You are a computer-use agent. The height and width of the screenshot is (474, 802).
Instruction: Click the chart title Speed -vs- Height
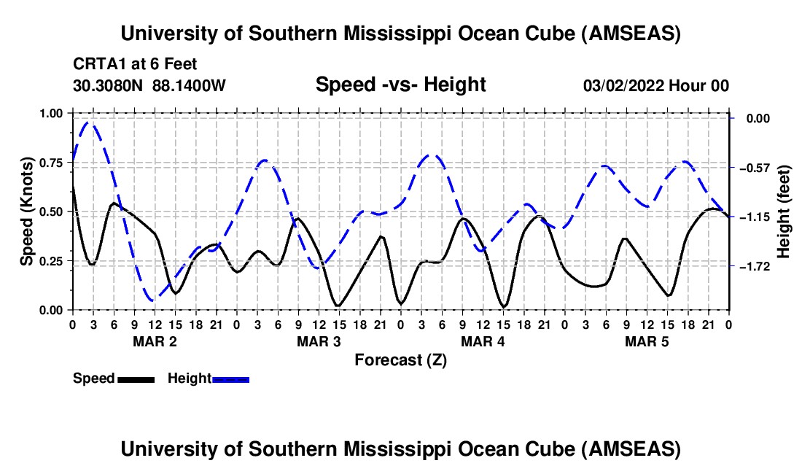click(x=400, y=85)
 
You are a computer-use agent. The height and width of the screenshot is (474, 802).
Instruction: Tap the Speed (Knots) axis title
click(x=27, y=211)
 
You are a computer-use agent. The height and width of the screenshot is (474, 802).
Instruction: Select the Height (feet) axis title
click(x=784, y=211)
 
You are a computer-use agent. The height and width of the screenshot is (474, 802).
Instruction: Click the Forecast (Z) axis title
click(x=400, y=360)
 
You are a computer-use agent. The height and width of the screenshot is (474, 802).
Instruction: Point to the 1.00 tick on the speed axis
click(x=51, y=113)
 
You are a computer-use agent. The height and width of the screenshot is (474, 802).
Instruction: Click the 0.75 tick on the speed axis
click(x=51, y=163)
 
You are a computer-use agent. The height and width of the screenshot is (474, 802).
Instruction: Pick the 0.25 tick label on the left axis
click(x=51, y=261)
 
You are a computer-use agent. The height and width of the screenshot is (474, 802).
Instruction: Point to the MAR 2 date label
click(x=154, y=341)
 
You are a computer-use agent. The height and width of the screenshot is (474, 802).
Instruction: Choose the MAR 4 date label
click(x=483, y=341)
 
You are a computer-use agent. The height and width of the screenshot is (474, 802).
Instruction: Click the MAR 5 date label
click(x=647, y=341)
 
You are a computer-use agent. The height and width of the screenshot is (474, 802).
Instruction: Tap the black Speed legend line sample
click(x=136, y=378)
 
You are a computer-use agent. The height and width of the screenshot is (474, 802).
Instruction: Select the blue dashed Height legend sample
click(x=230, y=378)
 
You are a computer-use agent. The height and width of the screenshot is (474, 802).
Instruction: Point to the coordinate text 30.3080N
click(x=109, y=85)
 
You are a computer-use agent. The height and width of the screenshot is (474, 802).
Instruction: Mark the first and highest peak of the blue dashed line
click(x=90, y=123)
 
